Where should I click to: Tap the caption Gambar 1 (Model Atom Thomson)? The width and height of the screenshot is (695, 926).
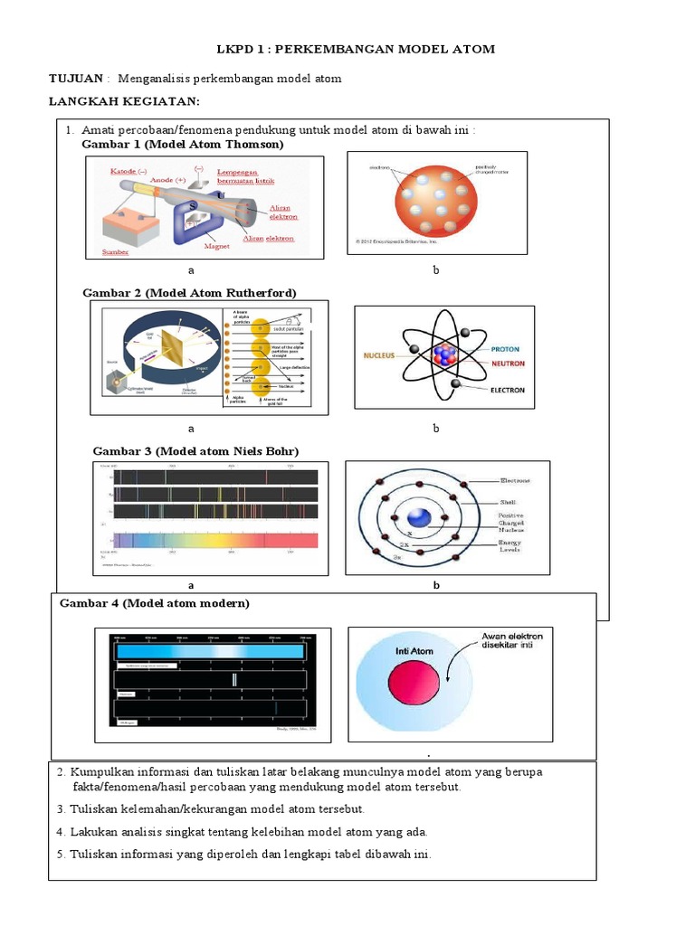[183, 145]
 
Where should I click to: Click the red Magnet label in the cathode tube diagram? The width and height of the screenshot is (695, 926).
[216, 245]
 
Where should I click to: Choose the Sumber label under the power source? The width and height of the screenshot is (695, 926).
[116, 252]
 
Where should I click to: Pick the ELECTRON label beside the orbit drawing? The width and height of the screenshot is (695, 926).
[508, 391]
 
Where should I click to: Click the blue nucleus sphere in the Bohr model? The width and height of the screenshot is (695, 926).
[418, 518]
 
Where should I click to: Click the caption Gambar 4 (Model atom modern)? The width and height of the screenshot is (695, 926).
[155, 603]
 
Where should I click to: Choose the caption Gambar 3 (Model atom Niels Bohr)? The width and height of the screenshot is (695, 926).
[196, 451]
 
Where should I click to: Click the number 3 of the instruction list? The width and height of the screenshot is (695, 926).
[60, 809]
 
